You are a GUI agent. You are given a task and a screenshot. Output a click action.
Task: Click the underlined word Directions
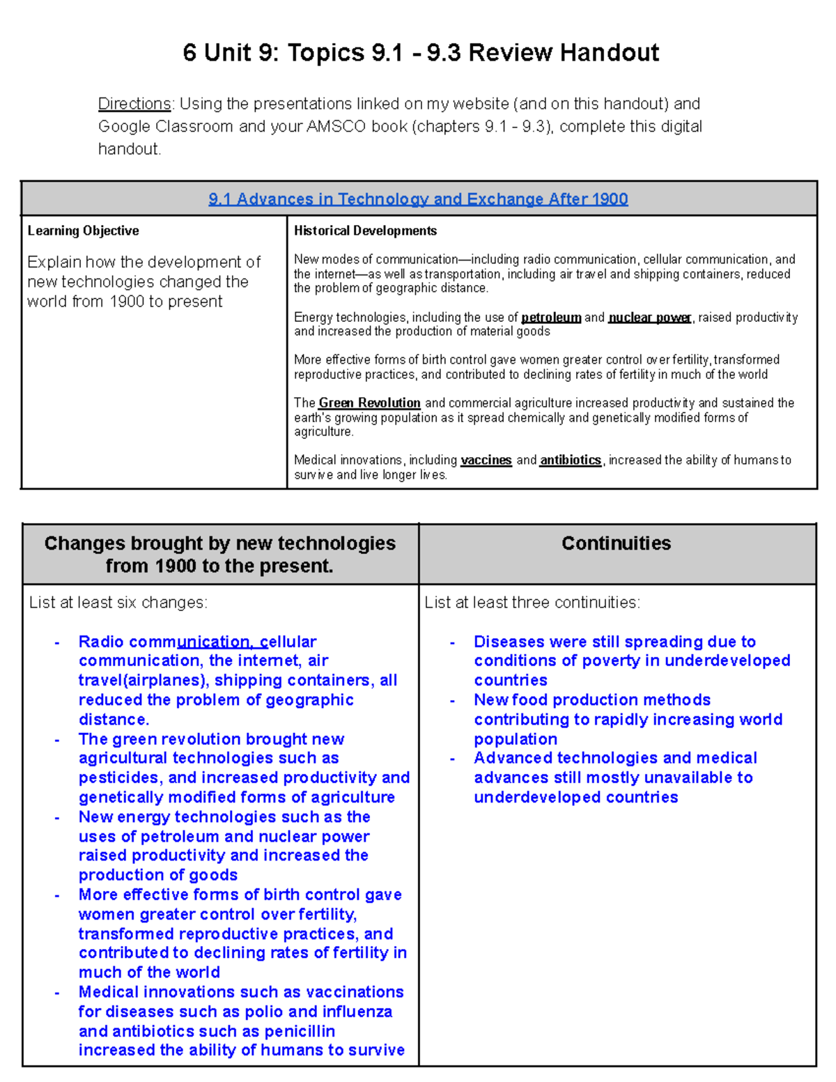(x=134, y=104)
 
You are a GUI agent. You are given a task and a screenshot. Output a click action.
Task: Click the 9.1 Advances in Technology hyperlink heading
(x=418, y=199)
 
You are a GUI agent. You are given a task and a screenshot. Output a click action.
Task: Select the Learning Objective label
(x=83, y=231)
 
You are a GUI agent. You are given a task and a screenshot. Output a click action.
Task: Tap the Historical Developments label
(x=365, y=231)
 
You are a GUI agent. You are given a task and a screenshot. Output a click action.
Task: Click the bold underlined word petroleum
(x=551, y=318)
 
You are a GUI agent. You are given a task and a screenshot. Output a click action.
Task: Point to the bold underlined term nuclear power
(x=649, y=318)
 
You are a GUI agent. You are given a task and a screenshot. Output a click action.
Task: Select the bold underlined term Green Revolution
(x=369, y=403)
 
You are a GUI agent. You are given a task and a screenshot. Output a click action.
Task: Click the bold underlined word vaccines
(x=486, y=460)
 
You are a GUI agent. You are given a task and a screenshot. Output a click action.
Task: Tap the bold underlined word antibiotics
(x=571, y=460)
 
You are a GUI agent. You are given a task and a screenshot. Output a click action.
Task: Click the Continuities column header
(x=616, y=543)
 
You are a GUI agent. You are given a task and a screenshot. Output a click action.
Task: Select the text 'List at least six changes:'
(x=118, y=603)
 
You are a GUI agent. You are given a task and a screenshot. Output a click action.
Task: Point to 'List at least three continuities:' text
(x=532, y=603)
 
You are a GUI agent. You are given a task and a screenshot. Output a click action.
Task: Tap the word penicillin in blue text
(x=300, y=1031)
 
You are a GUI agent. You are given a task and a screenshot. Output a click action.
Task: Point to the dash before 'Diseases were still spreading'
(x=453, y=642)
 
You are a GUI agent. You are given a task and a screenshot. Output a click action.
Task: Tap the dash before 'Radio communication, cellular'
(x=57, y=642)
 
